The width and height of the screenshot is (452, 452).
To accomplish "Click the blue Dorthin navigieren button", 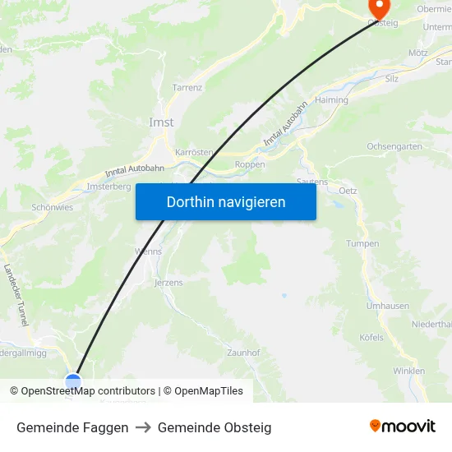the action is point(225,201).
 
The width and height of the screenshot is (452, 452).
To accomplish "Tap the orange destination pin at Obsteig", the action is point(379,7).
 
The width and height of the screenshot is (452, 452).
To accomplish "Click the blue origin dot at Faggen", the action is point(73,381).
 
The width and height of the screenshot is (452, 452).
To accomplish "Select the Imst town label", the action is point(161,122).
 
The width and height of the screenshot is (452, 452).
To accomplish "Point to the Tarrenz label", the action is point(187,87).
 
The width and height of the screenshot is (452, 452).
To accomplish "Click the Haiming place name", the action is point(331,100).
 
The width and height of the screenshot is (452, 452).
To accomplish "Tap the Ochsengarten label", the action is point(394,146).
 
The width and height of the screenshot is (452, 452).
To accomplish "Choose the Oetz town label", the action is point(348,191).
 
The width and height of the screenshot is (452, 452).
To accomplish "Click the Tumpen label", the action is point(362,244).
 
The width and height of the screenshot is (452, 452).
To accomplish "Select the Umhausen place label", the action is point(387,306).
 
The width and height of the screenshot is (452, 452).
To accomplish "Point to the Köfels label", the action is point(371,338).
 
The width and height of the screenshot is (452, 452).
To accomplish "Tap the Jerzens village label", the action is point(168,283).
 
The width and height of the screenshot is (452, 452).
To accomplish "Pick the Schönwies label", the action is point(52,208).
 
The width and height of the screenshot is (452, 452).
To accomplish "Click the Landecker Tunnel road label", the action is point(16,294).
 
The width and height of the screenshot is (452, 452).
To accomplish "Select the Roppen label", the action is point(250,164).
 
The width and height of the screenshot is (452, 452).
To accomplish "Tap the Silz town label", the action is point(392,79).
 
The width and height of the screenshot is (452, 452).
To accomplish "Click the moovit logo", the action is point(402,427).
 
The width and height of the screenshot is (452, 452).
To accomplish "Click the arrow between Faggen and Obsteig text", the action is point(143,427).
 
